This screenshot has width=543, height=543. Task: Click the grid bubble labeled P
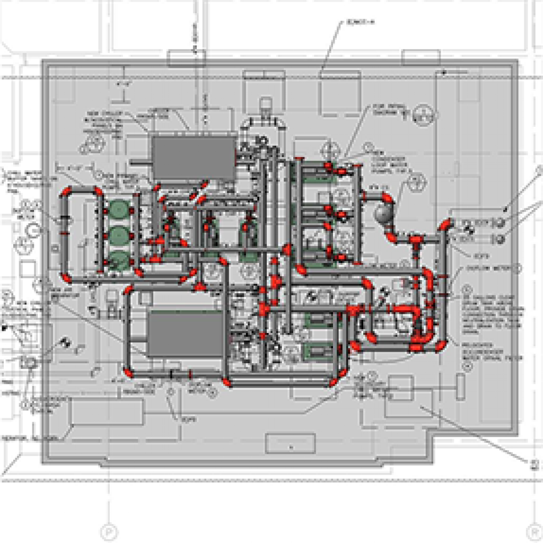(109, 531)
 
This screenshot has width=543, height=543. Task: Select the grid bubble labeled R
(533, 531)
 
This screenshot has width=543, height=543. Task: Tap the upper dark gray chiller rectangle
(194, 157)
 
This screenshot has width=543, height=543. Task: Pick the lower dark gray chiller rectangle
(185, 334)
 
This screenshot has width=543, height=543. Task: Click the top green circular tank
(119, 208)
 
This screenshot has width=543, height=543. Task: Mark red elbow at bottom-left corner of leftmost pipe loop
(66, 277)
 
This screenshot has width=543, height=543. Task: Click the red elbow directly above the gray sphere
(387, 197)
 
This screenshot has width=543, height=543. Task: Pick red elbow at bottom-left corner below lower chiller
(129, 373)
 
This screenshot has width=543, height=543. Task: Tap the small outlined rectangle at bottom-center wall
(290, 443)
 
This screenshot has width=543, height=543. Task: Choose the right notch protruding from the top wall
(421, 57)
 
